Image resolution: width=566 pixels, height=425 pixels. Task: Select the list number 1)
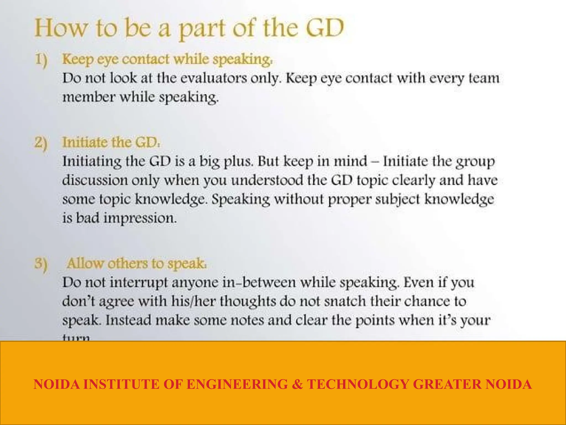pos(41,60)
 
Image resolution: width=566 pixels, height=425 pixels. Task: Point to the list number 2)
pos(41,143)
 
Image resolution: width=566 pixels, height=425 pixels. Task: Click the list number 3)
pos(41,264)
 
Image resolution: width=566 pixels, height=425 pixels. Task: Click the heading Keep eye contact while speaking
pos(167,59)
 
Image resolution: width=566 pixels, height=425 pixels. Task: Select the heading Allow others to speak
pos(137,263)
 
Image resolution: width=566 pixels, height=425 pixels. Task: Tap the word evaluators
pos(214,78)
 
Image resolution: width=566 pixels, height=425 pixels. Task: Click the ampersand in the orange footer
pos(297,384)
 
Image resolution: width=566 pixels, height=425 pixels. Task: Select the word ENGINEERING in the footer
pos(237,384)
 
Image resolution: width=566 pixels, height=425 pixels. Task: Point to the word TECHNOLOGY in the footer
pos(358,384)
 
